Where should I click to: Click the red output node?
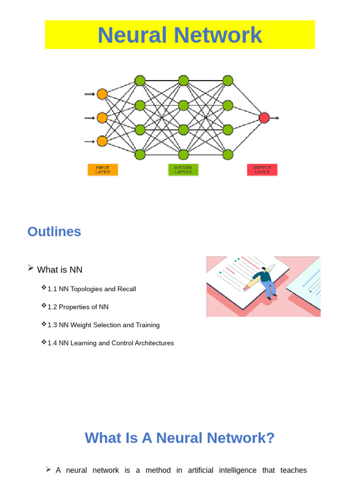click(264, 118)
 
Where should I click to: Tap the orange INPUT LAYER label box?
click(103, 170)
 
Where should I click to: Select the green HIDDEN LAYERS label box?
click(183, 170)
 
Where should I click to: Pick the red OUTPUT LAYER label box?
click(262, 170)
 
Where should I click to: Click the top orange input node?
click(102, 94)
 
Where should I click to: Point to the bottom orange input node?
click(102, 141)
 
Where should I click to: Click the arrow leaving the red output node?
click(275, 118)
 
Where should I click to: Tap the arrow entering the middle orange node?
click(90, 118)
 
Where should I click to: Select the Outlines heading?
click(54, 232)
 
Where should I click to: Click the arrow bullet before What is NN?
click(31, 268)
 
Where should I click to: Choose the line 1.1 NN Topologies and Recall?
click(92, 289)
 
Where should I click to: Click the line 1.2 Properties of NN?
click(78, 307)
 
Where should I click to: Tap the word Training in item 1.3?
click(148, 325)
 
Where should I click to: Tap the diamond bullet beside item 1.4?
click(44, 343)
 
